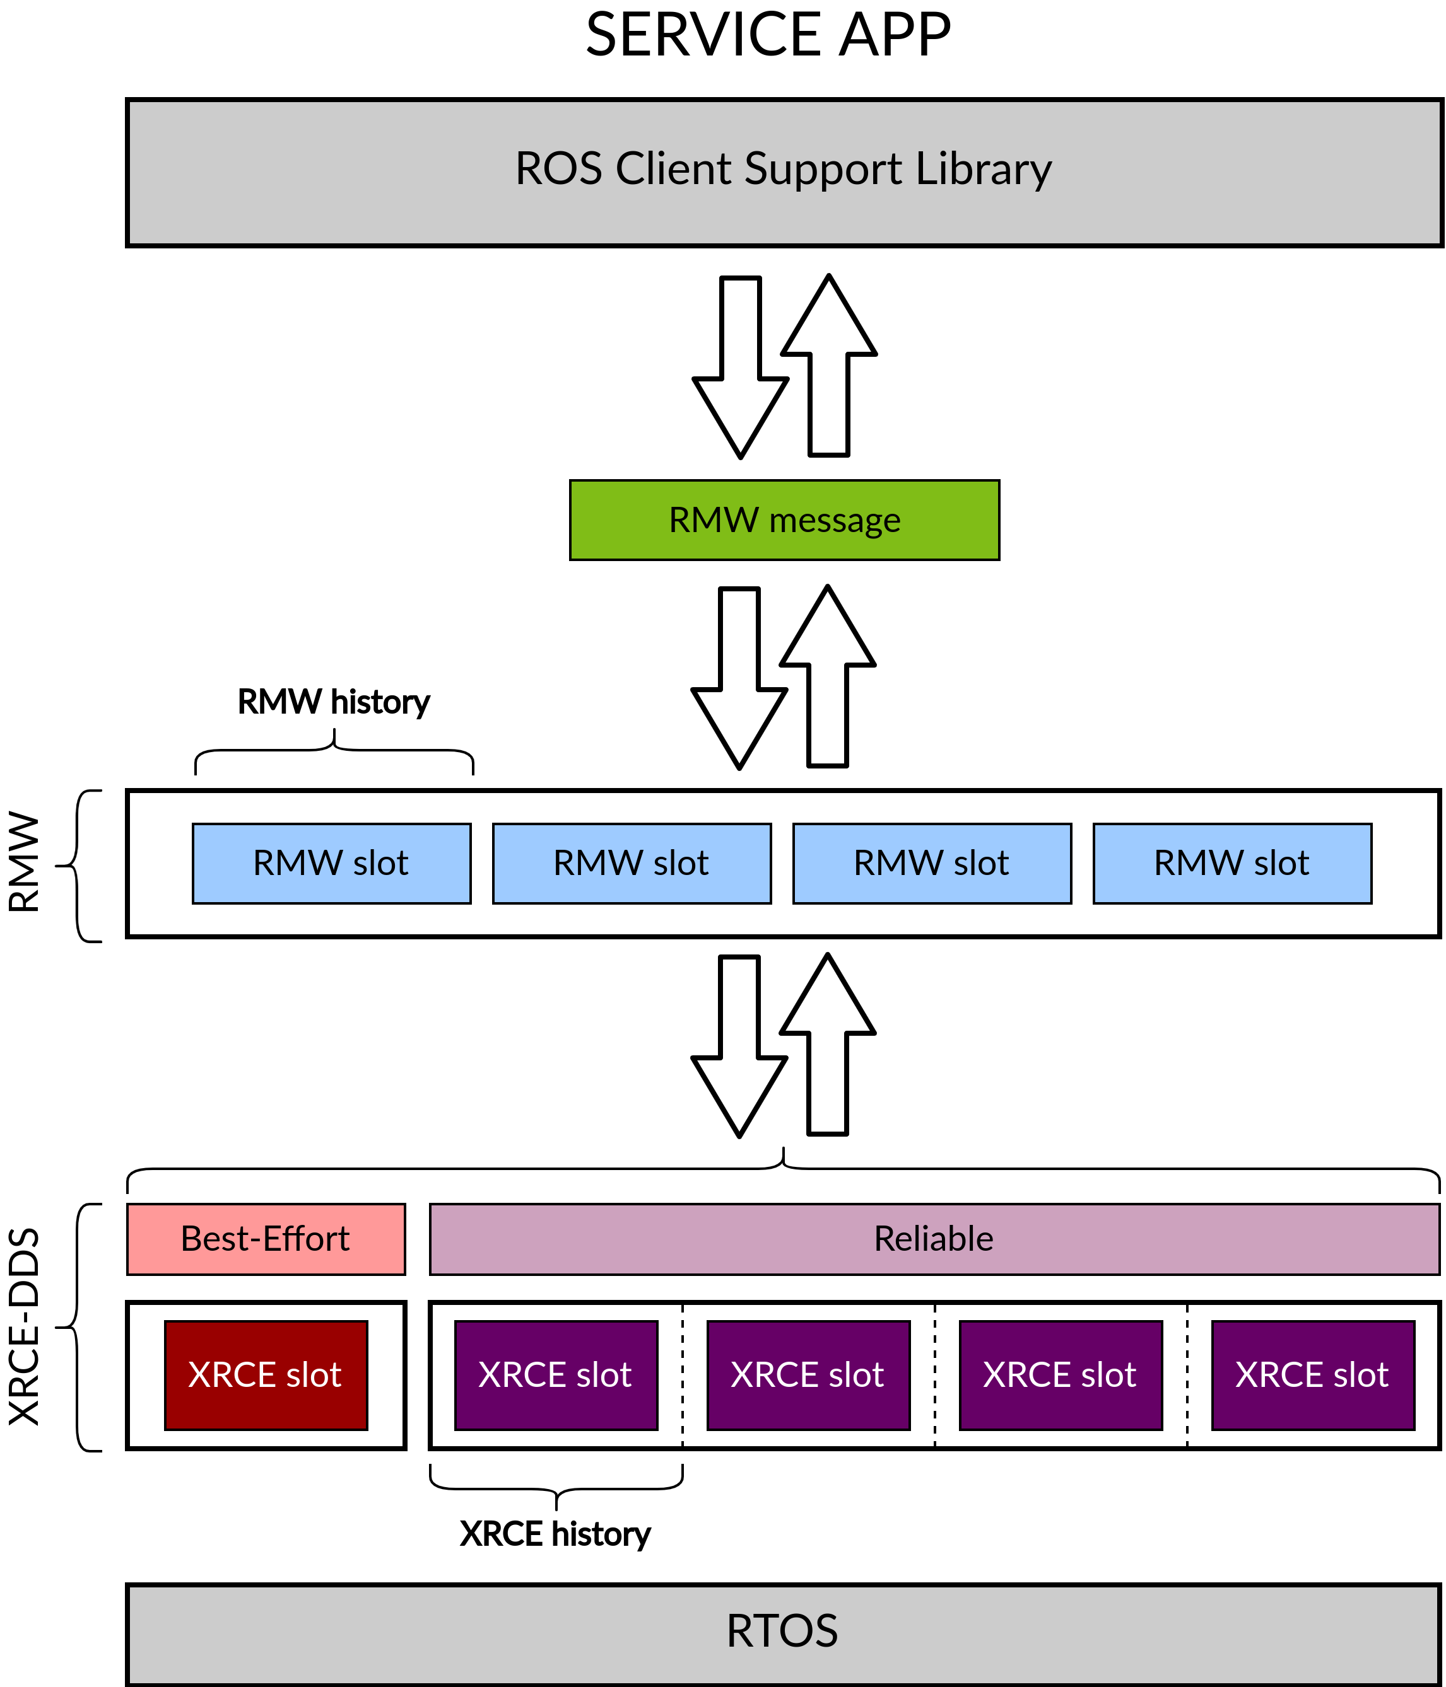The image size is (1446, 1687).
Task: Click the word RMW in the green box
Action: (x=713, y=520)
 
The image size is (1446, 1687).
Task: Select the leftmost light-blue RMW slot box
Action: (x=332, y=864)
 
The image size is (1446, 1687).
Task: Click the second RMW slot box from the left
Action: (x=632, y=864)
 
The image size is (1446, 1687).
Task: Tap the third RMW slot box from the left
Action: (x=932, y=864)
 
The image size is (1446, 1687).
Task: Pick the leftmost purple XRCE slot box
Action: (x=556, y=1375)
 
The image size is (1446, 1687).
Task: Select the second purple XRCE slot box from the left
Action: (x=808, y=1375)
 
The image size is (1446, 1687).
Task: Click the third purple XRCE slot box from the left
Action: (x=1061, y=1375)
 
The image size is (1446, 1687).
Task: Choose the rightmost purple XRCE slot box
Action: (x=1312, y=1375)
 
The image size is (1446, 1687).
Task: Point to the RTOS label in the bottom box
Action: (x=782, y=1632)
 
